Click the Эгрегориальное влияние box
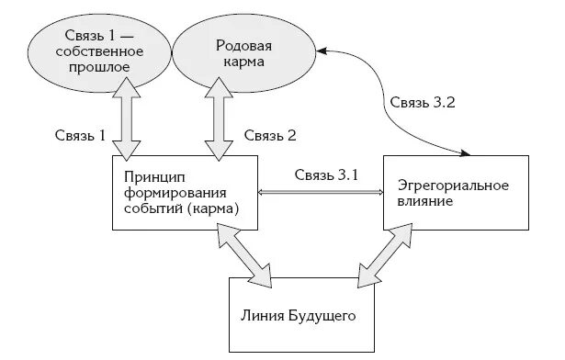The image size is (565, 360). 454,192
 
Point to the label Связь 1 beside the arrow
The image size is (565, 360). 80,134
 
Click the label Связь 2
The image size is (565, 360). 270,134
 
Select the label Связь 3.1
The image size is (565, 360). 322,174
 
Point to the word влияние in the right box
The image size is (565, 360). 424,200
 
